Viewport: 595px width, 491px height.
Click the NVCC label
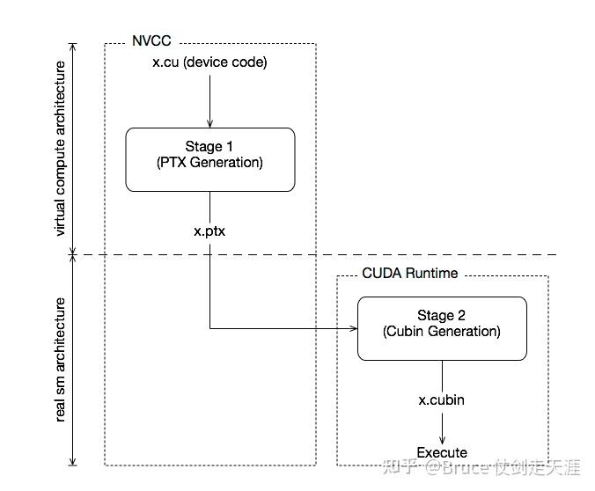point(151,40)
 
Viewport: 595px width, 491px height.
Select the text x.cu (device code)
point(209,62)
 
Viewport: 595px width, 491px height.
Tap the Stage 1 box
point(209,159)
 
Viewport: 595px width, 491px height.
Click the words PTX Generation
point(209,163)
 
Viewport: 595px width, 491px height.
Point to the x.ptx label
point(209,230)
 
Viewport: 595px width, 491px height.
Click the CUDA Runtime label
point(410,274)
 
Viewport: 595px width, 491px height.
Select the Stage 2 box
point(442,328)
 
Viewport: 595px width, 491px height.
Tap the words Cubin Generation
point(442,332)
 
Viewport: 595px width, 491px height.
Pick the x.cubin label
point(441,399)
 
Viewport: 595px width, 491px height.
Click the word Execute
point(442,452)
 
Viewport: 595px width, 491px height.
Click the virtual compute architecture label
point(61,149)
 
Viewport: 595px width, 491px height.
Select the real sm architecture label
point(61,359)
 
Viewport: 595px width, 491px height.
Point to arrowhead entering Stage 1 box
point(209,123)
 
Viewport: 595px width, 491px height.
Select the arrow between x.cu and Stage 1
point(209,99)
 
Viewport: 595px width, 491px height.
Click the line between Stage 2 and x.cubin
point(442,374)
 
